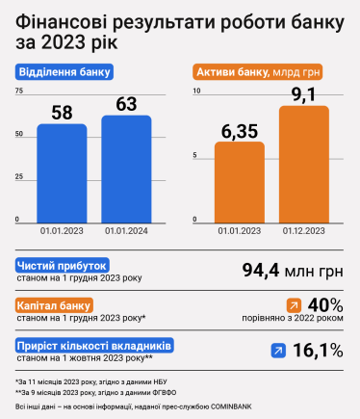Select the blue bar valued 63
[126, 169]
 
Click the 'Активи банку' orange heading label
[257, 72]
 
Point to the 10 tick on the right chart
[196, 91]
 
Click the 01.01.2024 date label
[126, 231]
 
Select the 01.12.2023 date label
[304, 231]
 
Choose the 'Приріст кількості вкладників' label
[94, 344]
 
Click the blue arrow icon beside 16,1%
[278, 352]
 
